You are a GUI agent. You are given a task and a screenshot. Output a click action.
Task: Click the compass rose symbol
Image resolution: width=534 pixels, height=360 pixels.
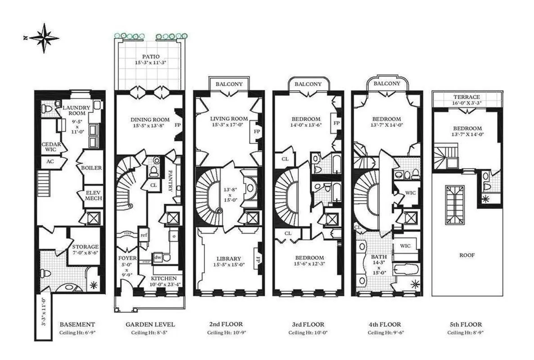pos(44,38)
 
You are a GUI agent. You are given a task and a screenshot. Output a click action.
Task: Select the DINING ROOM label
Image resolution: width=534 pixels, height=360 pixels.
pos(149,119)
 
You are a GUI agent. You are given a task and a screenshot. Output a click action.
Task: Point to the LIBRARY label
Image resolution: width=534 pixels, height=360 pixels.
pos(228,258)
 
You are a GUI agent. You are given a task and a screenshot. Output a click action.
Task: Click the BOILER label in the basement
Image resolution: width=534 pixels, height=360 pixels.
pos(91,168)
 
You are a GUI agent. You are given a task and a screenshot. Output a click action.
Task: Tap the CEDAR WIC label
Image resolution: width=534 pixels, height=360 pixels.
pos(48,147)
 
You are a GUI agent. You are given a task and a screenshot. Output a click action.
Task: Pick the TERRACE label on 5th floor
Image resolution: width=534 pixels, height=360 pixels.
pos(466,97)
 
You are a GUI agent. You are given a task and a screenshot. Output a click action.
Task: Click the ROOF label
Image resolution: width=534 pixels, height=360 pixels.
pos(466,255)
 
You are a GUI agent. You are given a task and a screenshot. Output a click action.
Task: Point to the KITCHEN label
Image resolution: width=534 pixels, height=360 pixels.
pos(161,279)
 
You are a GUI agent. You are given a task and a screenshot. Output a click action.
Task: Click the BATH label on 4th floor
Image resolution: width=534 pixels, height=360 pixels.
pos(375,257)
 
